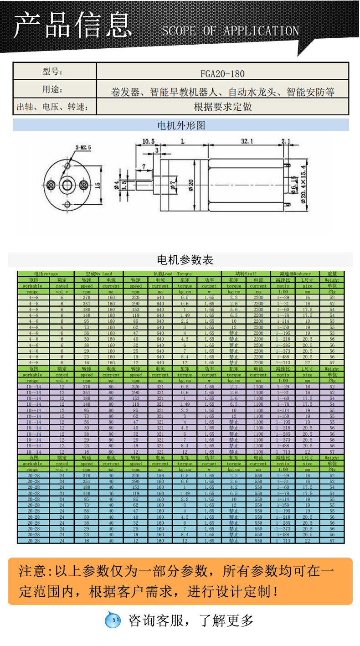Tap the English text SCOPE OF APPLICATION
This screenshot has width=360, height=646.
tap(230, 31)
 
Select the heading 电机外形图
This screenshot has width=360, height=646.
tap(181, 125)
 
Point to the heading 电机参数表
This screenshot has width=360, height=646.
tap(185, 260)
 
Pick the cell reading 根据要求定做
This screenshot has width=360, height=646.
tap(222, 107)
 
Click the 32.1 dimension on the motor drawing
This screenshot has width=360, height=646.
tap(247, 142)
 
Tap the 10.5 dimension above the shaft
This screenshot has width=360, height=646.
tap(149, 141)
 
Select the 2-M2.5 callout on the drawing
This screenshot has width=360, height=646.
tap(83, 147)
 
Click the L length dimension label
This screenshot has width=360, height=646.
tap(182, 142)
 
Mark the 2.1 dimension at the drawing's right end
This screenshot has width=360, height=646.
tap(286, 141)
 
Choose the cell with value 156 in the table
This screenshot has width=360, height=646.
tap(160, 475)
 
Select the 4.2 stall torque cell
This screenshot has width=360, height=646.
tap(234, 487)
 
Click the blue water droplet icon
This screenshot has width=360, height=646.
tap(113, 620)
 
